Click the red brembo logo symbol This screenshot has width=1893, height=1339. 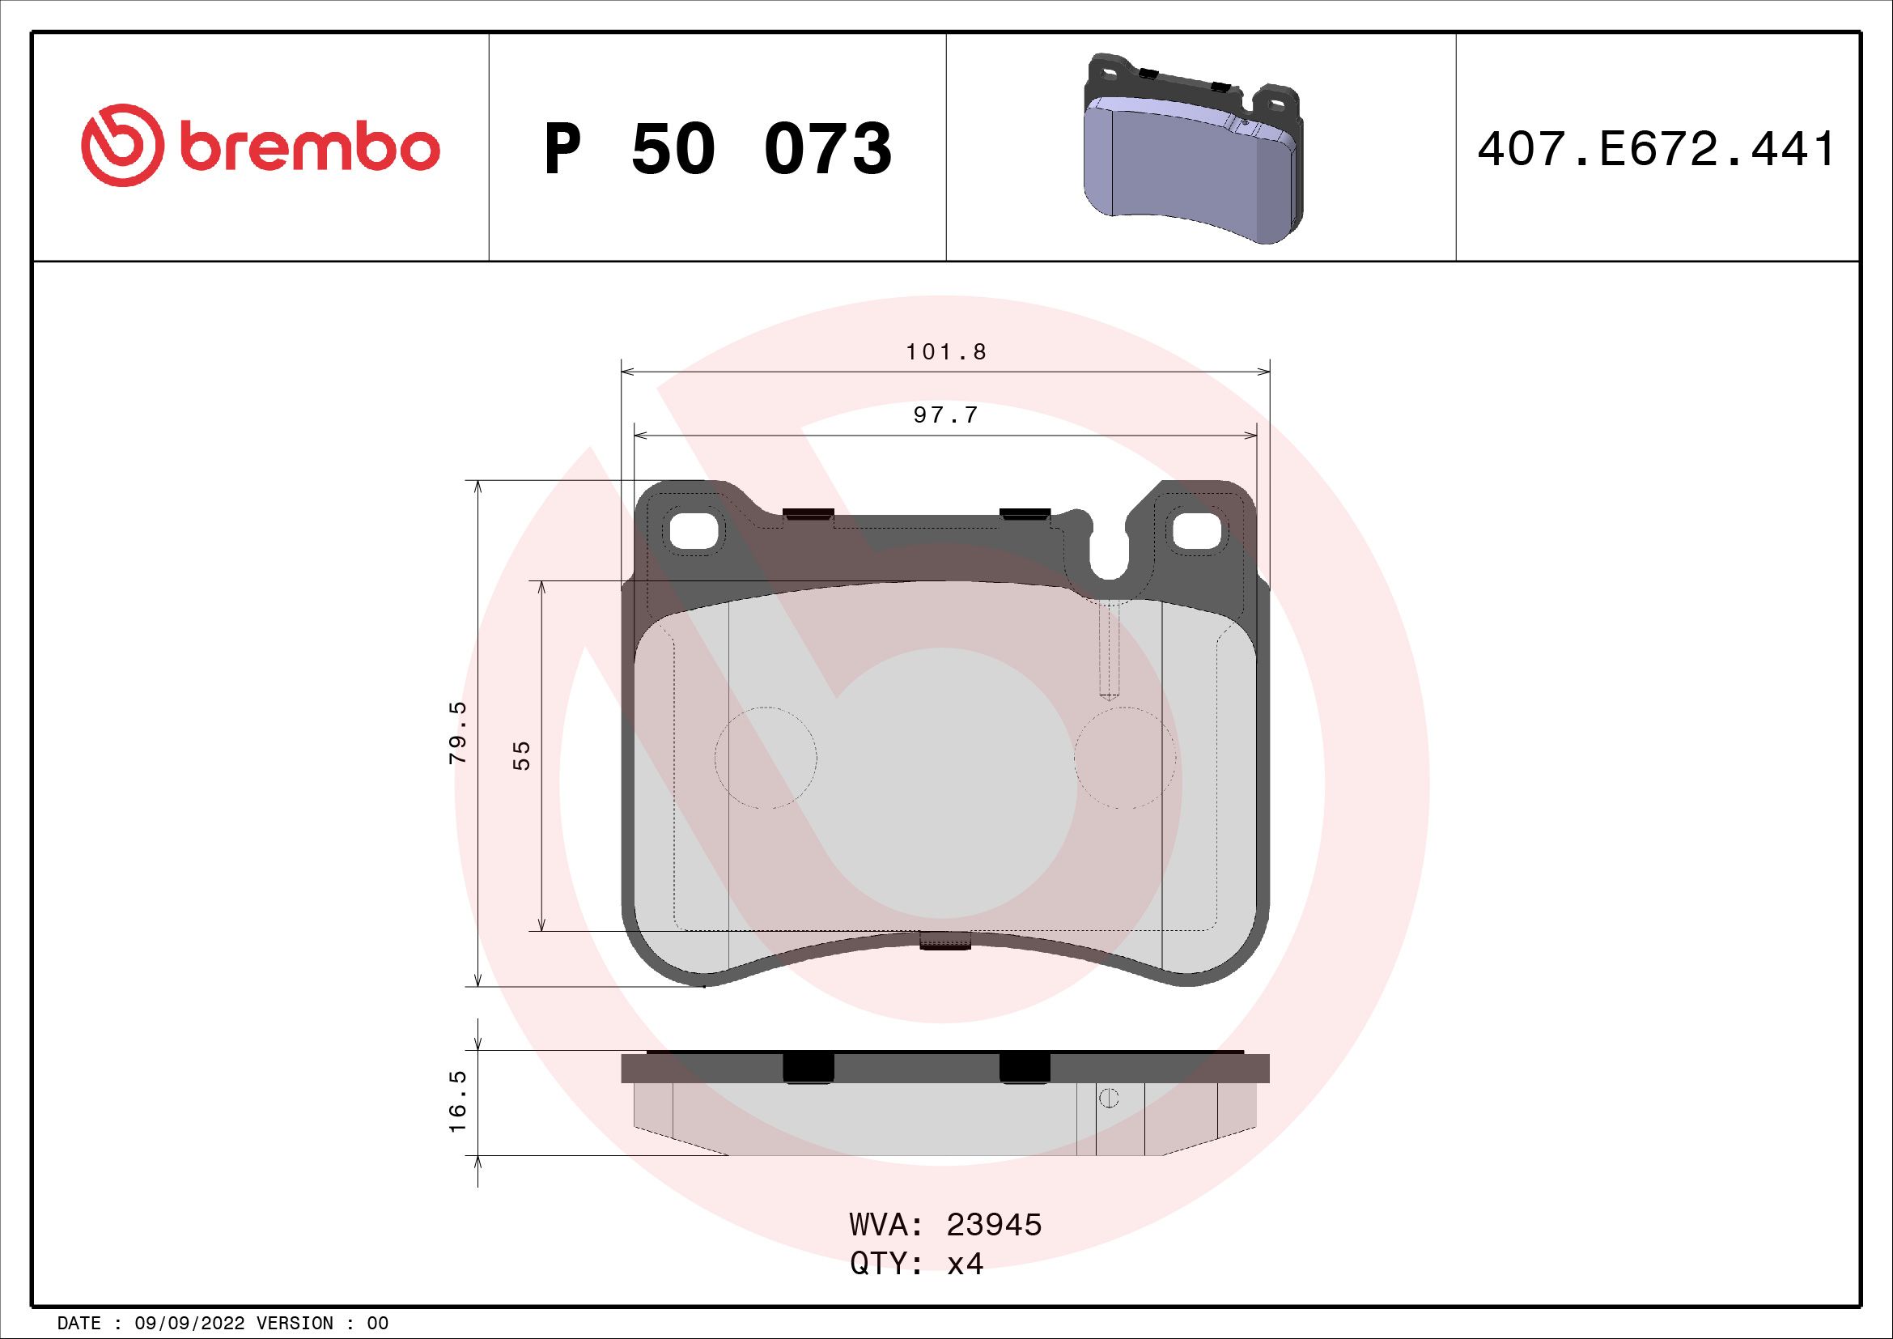tap(119, 145)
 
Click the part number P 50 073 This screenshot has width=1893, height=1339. tap(717, 149)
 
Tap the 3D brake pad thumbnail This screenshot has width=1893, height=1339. tap(1192, 148)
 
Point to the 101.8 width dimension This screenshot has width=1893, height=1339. tap(945, 352)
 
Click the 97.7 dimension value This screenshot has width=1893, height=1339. tap(945, 415)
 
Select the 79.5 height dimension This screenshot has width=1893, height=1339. tap(458, 732)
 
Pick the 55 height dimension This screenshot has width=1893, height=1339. tap(522, 755)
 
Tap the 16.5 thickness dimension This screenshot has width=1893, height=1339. tap(458, 1102)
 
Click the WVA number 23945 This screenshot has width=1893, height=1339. tap(994, 1225)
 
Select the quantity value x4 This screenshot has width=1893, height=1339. tap(965, 1263)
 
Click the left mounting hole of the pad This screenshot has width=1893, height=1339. tap(694, 531)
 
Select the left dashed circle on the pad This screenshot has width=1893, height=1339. tap(765, 758)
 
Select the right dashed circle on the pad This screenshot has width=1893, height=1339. tap(1126, 758)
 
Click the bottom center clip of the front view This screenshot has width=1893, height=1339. tap(945, 941)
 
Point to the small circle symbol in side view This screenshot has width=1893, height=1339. tap(1109, 1099)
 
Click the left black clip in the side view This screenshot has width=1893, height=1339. tap(808, 1068)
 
